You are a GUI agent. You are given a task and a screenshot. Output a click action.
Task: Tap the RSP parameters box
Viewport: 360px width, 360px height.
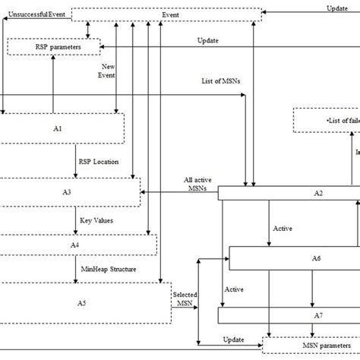point(54,47)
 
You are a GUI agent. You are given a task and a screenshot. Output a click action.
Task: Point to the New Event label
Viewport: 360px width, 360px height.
point(108,72)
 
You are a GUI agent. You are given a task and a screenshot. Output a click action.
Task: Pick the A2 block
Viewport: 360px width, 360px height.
point(289,194)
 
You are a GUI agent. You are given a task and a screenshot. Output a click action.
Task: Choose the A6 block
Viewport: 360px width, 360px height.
point(295,258)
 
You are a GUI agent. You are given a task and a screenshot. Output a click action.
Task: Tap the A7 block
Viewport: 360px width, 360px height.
point(289,314)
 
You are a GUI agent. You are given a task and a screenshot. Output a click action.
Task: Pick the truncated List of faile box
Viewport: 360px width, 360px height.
point(327,121)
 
